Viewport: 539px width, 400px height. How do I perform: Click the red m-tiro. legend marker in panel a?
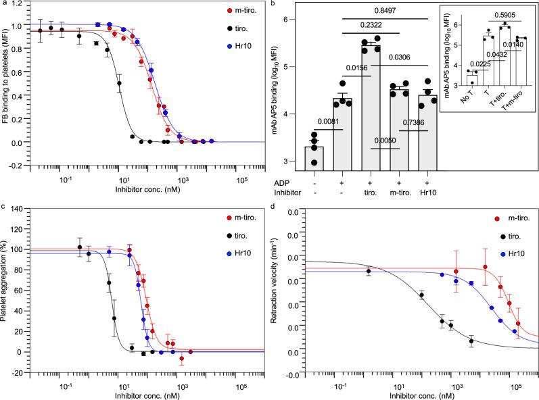pos(212,13)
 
